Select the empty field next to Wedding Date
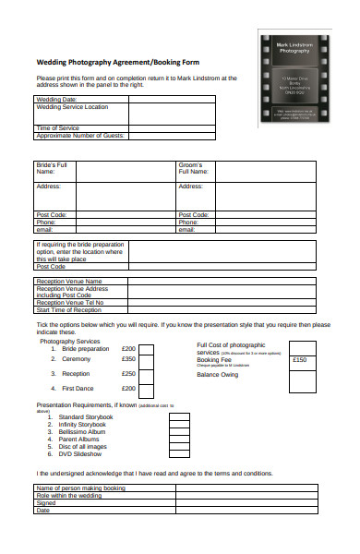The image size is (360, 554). tap(172, 99)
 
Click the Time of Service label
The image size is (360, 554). tap(58, 128)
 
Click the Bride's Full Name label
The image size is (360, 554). tap(52, 168)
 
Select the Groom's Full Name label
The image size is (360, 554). tap(195, 168)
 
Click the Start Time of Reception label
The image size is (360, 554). tap(68, 310)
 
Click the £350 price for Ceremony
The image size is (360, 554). tap(128, 359)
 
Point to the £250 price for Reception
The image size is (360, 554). tap(128, 374)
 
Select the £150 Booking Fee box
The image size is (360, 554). tap(306, 360)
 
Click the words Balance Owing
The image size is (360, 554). tap(218, 375)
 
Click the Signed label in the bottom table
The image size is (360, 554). tap(45, 503)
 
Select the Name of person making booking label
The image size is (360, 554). tap(79, 488)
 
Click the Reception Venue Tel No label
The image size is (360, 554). tap(70, 303)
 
